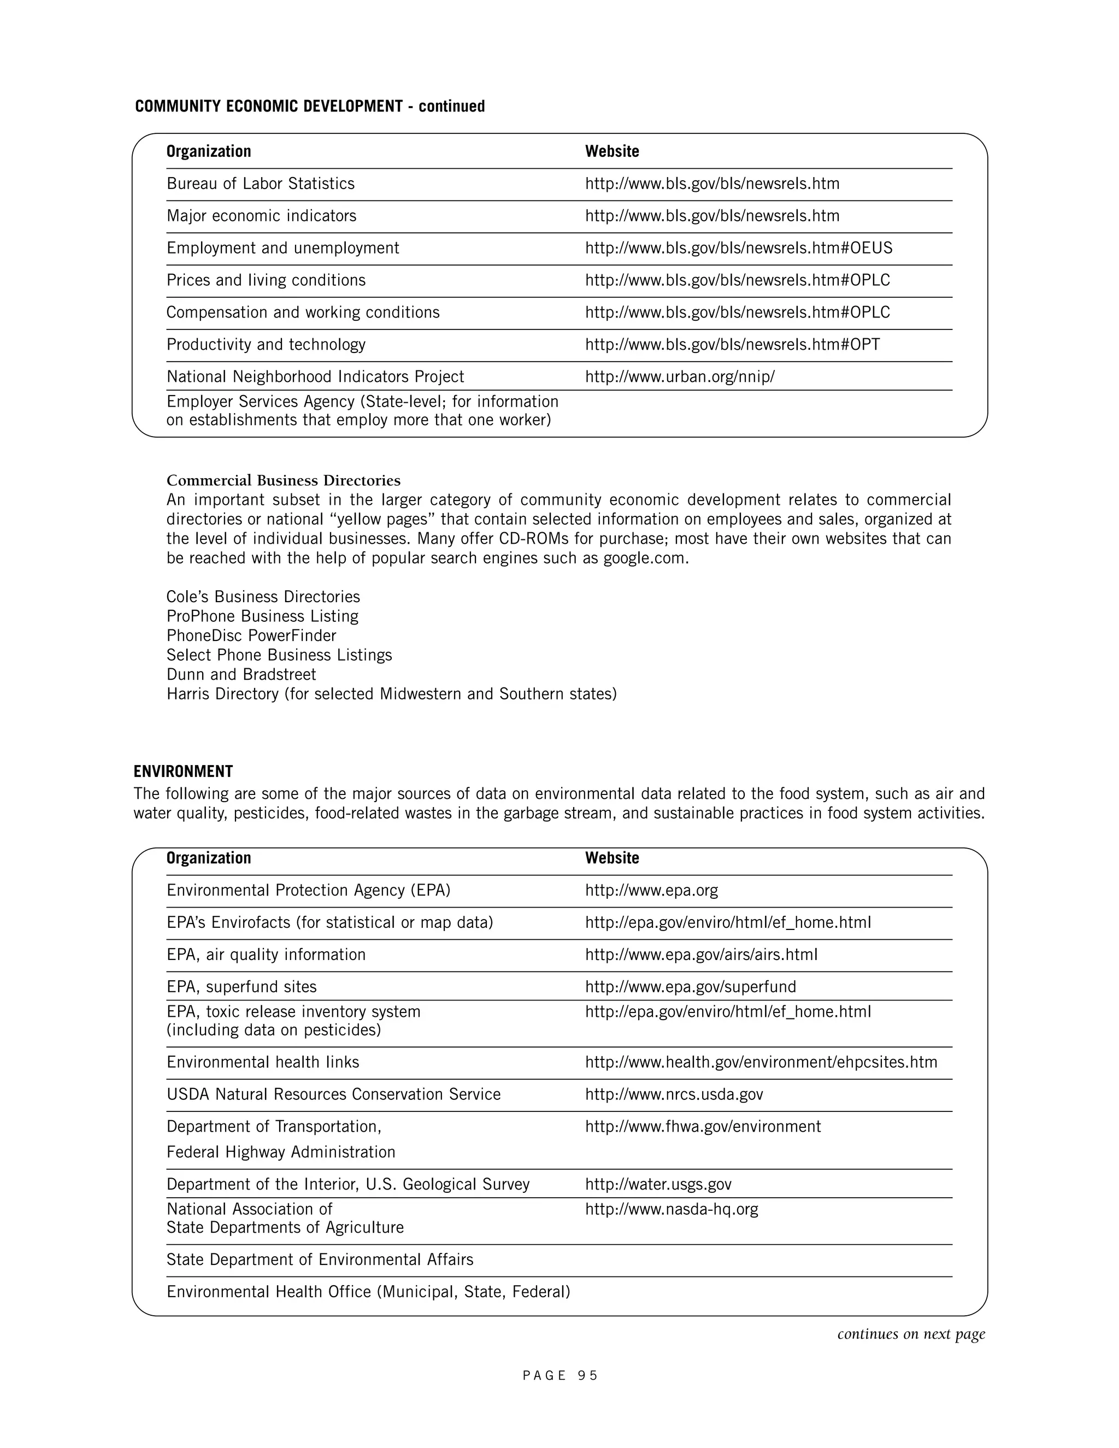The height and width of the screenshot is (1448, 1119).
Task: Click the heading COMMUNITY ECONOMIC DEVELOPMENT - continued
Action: [x=310, y=106]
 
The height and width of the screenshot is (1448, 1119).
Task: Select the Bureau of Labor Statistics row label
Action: [x=261, y=184]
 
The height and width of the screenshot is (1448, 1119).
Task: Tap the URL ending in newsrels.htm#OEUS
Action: [x=739, y=248]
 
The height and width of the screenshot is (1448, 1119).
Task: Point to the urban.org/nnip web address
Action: [x=680, y=376]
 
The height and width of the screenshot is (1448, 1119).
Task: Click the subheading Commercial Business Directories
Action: [x=283, y=480]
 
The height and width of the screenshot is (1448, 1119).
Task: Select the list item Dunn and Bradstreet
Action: [x=242, y=674]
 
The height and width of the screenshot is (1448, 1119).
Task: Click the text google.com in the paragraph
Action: [x=644, y=558]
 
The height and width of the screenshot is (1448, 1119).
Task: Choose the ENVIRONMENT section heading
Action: [x=183, y=772]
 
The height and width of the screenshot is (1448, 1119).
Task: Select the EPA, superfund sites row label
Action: [x=242, y=986]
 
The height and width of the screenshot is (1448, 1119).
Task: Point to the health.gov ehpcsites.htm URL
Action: [x=761, y=1062]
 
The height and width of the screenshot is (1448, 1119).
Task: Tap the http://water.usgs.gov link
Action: [x=658, y=1184]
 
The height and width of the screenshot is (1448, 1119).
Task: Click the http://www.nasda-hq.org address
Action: [x=671, y=1209]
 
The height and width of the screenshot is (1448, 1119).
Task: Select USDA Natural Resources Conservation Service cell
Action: [x=333, y=1094]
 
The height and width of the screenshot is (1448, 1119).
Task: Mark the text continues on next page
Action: [x=911, y=1334]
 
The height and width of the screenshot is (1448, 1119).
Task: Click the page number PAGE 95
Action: [x=560, y=1376]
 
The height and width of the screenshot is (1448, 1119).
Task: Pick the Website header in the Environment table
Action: [x=612, y=858]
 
